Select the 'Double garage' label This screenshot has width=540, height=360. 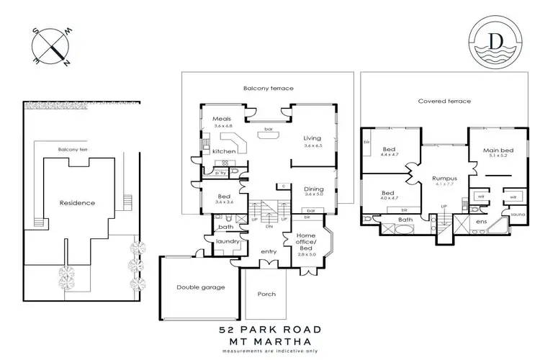click(201, 287)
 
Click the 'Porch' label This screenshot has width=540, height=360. click(266, 294)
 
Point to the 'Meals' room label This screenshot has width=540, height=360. click(222, 119)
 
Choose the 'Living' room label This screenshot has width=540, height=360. click(312, 138)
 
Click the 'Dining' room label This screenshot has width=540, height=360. click(314, 189)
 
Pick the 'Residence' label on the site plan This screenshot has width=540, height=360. click(78, 203)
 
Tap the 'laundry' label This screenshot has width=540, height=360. click(227, 242)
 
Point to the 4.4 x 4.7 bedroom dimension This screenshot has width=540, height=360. click(390, 155)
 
